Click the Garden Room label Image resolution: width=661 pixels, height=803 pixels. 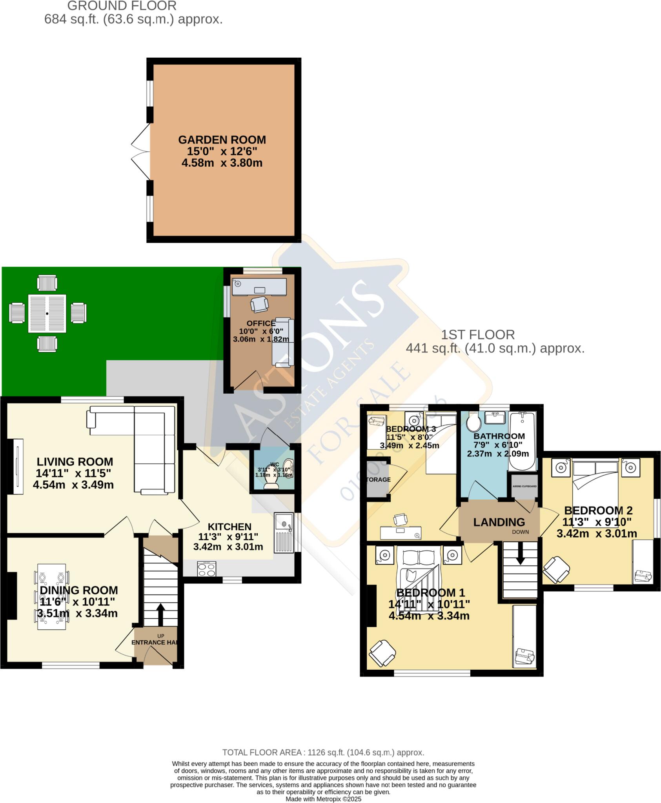point(222,140)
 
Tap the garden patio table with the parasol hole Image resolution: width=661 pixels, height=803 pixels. point(47,314)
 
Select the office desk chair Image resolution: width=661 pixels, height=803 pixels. point(260,304)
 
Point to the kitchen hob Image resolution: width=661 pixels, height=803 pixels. point(207,569)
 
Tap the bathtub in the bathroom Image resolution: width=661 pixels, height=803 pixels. point(522,441)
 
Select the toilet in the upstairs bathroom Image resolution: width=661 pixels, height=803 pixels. point(474,423)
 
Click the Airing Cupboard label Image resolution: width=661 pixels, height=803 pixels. point(524,486)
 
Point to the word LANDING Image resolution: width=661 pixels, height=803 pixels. point(499,522)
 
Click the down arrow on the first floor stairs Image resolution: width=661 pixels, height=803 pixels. point(520,557)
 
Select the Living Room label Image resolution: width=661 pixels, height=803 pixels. point(75,462)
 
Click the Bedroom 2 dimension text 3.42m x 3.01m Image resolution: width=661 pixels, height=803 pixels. point(597,534)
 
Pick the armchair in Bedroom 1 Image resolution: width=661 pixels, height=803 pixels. point(382,653)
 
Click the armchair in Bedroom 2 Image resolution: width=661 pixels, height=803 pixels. point(556,569)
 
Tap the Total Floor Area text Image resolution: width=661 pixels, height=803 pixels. point(323,752)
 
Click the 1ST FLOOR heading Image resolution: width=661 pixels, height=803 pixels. point(478,335)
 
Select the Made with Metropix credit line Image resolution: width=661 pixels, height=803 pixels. point(323,799)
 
